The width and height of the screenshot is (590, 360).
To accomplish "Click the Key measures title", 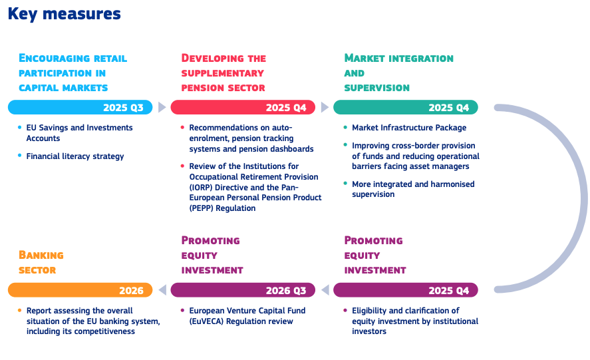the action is click(64, 15).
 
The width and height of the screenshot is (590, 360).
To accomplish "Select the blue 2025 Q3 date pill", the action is click(80, 107).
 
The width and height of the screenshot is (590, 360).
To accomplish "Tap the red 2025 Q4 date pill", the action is click(243, 107).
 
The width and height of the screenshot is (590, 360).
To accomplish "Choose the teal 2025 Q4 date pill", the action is click(406, 107).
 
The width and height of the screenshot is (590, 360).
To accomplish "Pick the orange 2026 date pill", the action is click(80, 290).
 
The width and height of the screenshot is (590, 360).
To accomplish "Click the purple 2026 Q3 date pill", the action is click(243, 290).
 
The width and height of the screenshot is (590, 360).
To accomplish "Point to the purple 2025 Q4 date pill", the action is click(406, 290).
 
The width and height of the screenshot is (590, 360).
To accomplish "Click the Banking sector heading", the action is click(41, 262).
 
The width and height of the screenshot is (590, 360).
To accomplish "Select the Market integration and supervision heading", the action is click(399, 73).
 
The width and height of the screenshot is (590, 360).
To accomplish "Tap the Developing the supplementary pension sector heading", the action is click(223, 73).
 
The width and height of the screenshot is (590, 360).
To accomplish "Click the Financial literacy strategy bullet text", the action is click(75, 156).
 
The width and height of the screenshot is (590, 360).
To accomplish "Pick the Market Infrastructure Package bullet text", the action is click(409, 128).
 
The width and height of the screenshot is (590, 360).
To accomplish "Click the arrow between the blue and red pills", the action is click(162, 107).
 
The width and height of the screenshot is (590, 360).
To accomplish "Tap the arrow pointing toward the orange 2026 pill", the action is click(162, 290).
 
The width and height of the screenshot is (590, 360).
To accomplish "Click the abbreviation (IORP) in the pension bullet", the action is click(201, 188).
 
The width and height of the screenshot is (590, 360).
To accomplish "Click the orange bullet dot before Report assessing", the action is click(19, 311).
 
